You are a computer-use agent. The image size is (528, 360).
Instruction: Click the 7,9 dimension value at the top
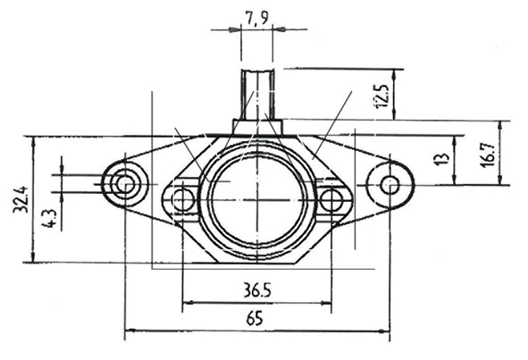pyautogui.click(x=258, y=16)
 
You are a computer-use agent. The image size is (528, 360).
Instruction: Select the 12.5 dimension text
pyautogui.click(x=383, y=95)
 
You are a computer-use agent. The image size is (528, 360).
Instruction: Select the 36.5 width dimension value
pyautogui.click(x=257, y=291)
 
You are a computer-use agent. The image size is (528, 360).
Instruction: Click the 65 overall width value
pyautogui.click(x=257, y=319)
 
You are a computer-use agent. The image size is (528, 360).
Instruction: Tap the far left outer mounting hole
pyautogui.click(x=124, y=185)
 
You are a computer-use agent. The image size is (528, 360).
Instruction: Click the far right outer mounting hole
pyautogui.click(x=390, y=185)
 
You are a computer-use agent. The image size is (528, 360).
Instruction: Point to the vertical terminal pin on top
pyautogui.click(x=258, y=93)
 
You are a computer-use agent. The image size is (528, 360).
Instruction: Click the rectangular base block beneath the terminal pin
pyautogui.click(x=258, y=127)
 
